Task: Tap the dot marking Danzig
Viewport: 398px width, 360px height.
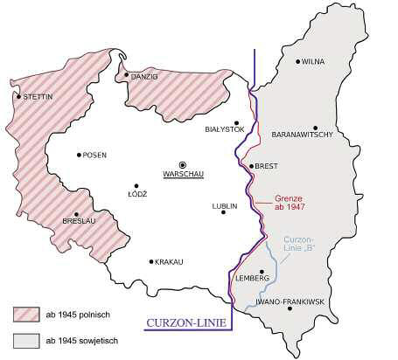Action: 127,76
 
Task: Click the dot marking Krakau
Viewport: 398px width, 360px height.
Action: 152,261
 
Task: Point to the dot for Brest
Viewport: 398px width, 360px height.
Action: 250,166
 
